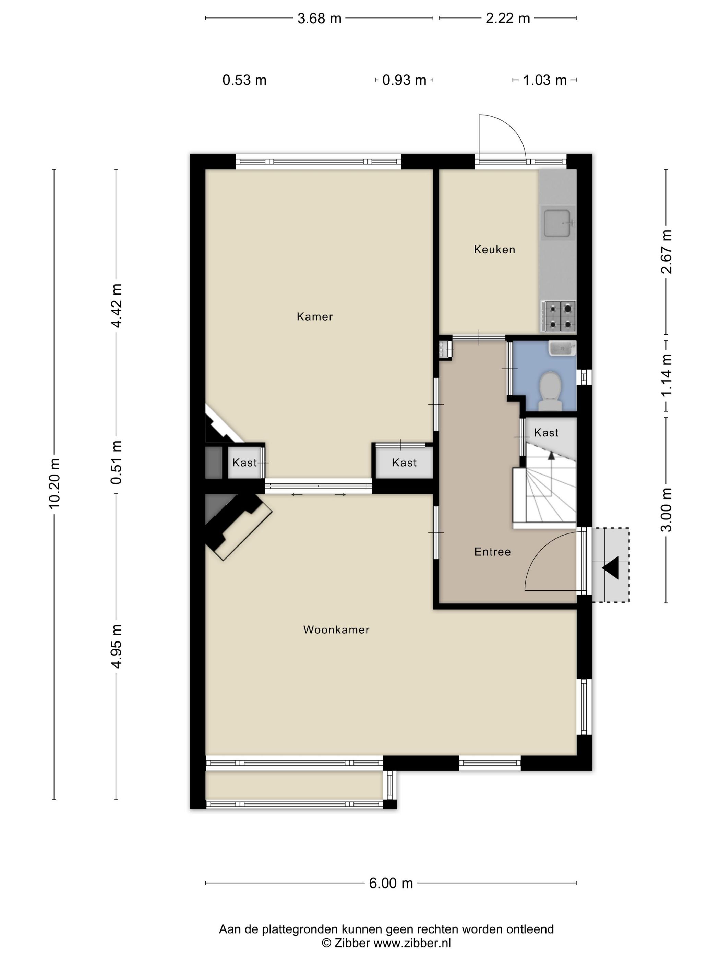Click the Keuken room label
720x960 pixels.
pos(494,250)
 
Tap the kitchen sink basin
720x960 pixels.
pos(557,224)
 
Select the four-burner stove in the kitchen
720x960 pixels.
pos(558,316)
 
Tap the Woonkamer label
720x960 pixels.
pos(336,630)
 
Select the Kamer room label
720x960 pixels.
pos(315,317)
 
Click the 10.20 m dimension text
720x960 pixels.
pos(54,483)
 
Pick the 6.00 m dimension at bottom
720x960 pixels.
pos(391,883)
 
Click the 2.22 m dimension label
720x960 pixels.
pos(507,19)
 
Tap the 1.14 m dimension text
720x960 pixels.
pos(666,374)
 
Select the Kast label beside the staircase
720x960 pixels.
pos(546,433)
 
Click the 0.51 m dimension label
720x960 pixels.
pos(116,462)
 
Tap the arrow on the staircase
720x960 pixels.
pos(551,455)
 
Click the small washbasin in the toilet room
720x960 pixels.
pos(562,348)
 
